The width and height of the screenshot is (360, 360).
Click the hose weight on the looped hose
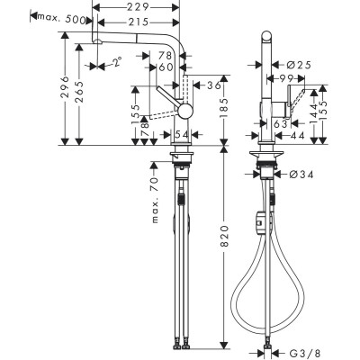[261, 219]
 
